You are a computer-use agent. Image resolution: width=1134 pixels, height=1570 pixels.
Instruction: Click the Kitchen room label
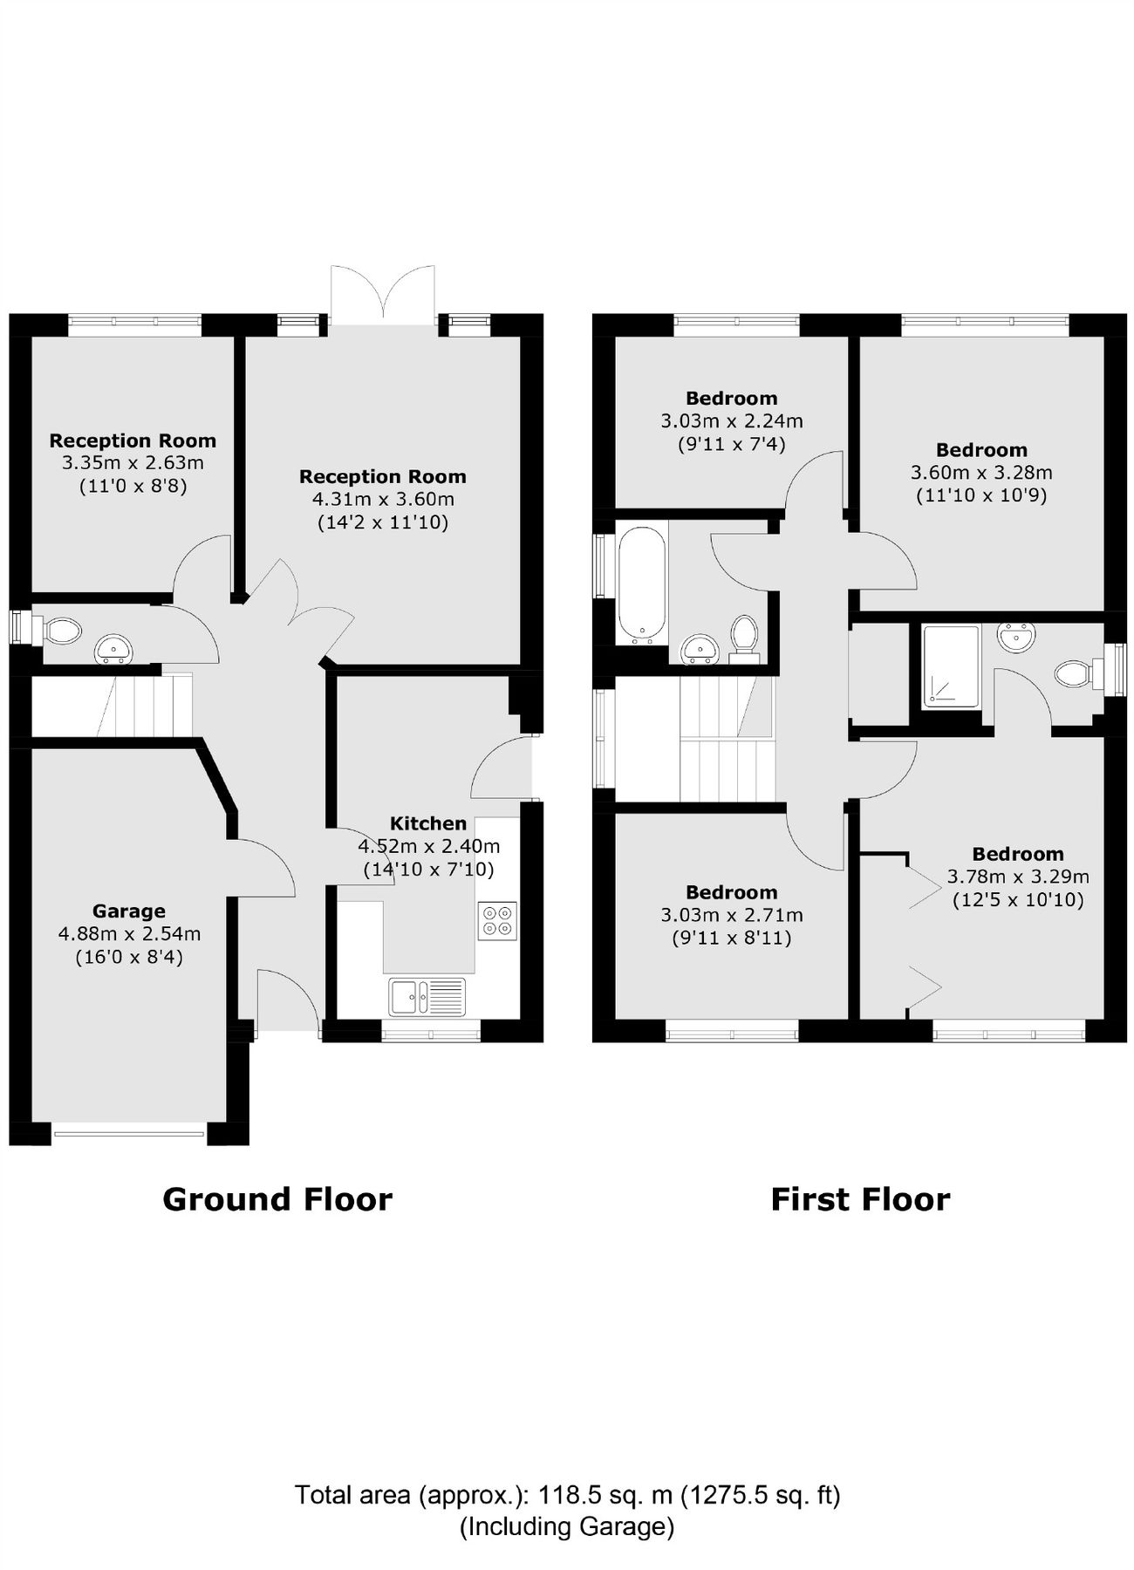pos(427,823)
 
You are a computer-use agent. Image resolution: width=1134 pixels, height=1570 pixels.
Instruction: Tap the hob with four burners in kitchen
pos(497,920)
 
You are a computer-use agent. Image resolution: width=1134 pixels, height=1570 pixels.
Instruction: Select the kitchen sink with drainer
pos(427,996)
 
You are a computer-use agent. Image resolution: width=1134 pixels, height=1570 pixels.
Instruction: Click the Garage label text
pos(129,911)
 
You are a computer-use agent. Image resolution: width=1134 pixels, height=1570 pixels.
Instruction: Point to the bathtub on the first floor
pos(642,583)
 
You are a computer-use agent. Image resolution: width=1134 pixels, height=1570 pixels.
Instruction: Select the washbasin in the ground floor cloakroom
pos(114,648)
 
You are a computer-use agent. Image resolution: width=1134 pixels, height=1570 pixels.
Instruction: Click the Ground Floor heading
pos(277,1199)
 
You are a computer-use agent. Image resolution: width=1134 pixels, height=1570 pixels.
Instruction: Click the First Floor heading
pos(860,1199)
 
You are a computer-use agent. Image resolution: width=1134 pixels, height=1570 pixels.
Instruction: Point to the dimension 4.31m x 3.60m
pos(383,500)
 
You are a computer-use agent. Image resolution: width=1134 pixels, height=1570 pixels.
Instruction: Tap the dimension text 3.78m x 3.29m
pos(1018,877)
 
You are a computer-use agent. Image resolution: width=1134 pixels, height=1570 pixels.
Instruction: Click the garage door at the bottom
pos(129,1134)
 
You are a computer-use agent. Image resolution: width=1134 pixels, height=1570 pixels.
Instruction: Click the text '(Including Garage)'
pos(567,1526)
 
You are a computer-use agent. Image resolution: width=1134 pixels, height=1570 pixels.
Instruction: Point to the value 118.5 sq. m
pos(605,1495)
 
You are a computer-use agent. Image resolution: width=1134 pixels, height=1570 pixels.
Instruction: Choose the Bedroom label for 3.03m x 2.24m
pos(731,399)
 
